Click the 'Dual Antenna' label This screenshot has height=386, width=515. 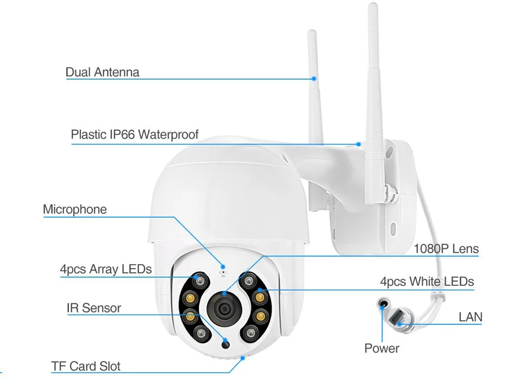[x=102, y=72]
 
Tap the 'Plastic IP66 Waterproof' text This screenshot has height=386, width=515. [x=134, y=134]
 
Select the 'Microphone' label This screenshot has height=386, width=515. [x=75, y=210]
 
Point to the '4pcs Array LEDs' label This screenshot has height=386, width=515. [x=106, y=269]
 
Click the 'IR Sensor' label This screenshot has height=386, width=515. [x=94, y=308]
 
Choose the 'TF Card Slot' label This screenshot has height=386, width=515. [x=86, y=366]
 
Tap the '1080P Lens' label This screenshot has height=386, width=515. [x=446, y=248]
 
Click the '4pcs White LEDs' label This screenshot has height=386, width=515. [x=427, y=282]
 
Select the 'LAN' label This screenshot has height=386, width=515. [x=470, y=317]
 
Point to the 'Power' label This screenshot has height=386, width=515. [x=382, y=348]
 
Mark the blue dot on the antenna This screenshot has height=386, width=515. [x=314, y=79]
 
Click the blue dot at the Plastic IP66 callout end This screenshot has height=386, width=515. [x=358, y=144]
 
